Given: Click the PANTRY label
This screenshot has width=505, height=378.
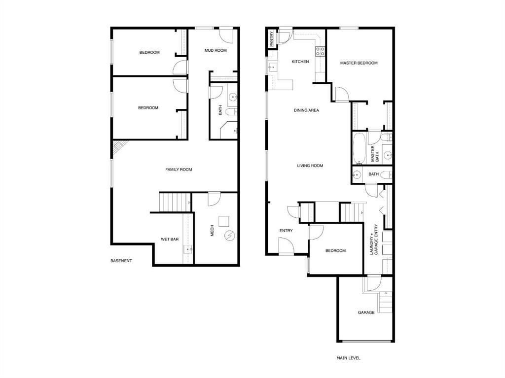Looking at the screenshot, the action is click(272, 38).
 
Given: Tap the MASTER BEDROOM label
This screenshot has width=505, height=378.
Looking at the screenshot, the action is click(359, 63).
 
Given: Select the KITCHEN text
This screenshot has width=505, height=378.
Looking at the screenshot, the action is click(300, 62).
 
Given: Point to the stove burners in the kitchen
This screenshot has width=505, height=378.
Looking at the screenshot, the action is click(320, 51).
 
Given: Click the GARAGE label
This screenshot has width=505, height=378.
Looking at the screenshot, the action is click(366, 312).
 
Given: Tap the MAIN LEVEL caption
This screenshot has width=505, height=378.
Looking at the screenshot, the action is click(349, 358).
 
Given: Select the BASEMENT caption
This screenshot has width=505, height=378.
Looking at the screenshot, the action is click(121, 261).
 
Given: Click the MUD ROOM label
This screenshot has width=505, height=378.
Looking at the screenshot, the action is click(216, 51).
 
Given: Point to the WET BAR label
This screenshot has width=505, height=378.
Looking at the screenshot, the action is click(170, 239).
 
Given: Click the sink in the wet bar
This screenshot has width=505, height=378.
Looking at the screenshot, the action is click(188, 249).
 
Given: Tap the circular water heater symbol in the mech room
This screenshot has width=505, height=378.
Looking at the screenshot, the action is click(230, 236).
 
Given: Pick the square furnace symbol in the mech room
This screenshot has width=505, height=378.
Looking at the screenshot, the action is click(223, 221).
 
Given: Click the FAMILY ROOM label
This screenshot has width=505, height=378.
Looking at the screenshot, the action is click(179, 170).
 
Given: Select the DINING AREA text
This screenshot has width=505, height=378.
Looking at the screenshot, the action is click(306, 110).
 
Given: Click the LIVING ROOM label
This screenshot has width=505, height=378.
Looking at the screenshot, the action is click(310, 166).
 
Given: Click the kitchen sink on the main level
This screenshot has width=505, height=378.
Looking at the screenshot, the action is click(273, 68).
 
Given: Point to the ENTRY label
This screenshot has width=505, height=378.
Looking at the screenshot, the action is click(286, 231).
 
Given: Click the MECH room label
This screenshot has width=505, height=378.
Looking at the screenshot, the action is click(212, 230).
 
